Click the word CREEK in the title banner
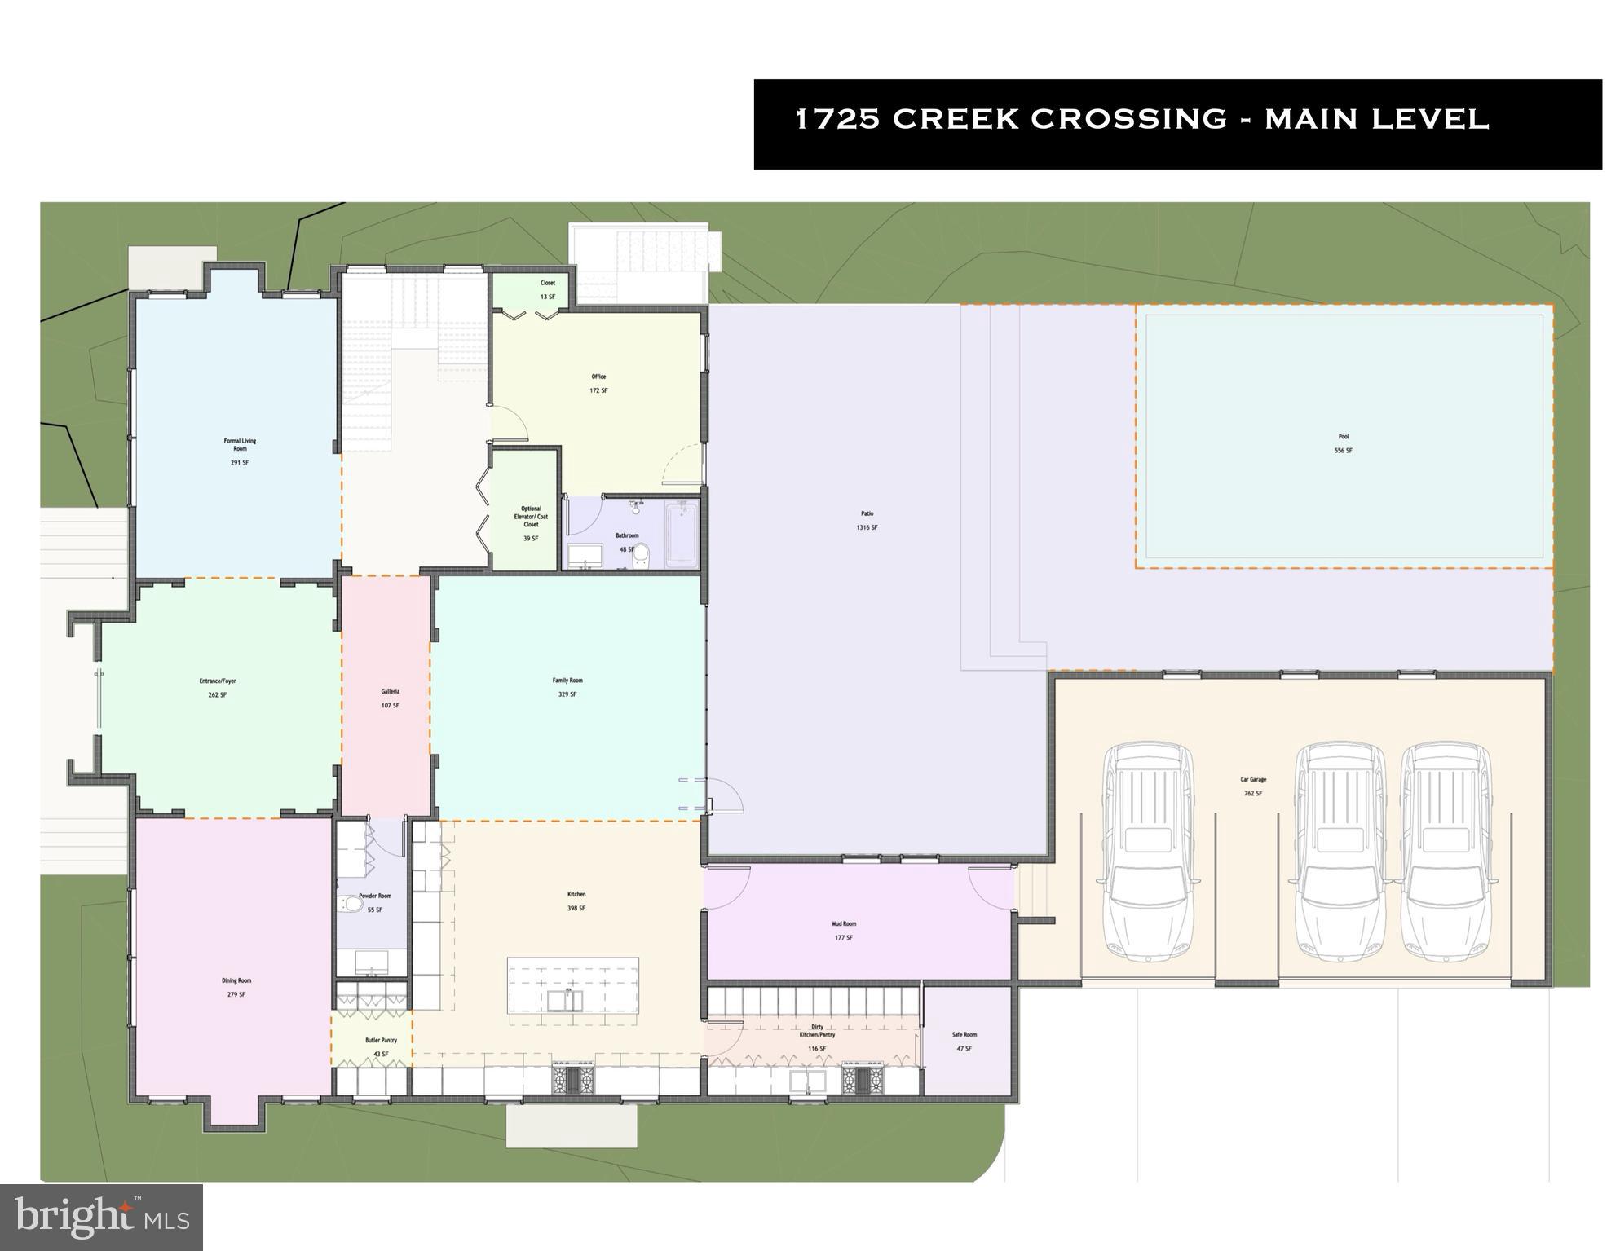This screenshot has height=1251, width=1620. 955,119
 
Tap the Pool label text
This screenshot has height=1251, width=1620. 1343,437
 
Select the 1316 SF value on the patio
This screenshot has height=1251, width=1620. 867,527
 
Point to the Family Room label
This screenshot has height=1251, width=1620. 567,681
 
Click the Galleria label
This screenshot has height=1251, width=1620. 390,692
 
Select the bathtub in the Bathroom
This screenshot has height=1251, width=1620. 681,535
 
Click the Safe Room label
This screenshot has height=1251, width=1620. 964,1035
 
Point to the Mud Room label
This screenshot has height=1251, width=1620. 844,924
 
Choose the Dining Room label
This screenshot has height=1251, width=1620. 236,981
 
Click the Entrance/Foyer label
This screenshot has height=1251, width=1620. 218,681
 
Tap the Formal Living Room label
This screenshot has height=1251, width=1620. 240,445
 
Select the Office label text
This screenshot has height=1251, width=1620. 598,377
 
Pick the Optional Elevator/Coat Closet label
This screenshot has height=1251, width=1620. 531,517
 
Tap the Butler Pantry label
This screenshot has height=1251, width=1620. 381,1041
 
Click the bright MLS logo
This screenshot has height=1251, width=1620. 101,1218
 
